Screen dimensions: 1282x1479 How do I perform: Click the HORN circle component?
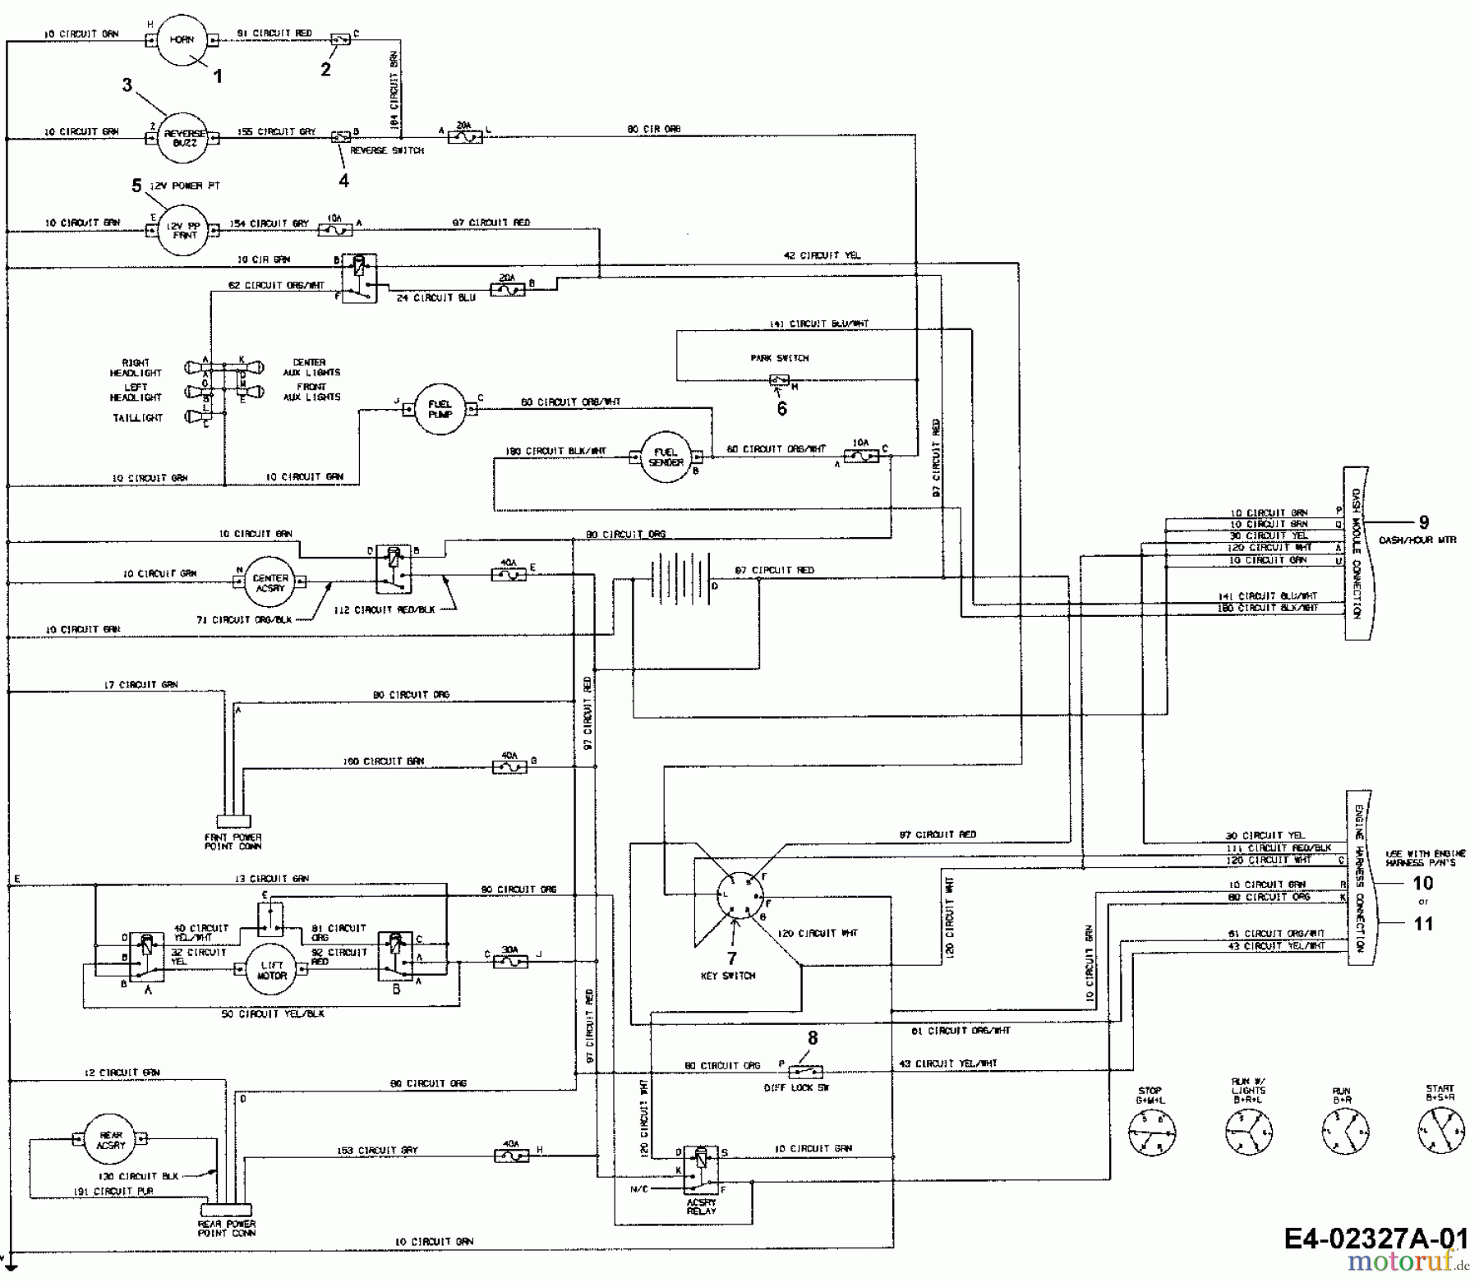point(181,39)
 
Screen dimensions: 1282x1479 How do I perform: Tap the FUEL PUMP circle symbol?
point(440,408)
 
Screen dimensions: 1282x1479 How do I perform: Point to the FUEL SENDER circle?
point(666,457)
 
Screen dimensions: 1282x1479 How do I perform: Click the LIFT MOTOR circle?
point(271,970)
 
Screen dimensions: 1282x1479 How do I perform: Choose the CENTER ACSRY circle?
point(270,582)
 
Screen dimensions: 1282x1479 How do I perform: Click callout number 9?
point(1424,522)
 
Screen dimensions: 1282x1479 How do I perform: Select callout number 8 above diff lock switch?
point(813,1038)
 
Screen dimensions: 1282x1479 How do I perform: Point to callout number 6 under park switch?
point(781,408)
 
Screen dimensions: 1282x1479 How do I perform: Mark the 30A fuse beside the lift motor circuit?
point(509,960)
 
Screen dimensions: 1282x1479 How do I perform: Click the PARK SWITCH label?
point(779,358)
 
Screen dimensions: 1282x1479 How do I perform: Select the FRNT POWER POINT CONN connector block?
point(233,820)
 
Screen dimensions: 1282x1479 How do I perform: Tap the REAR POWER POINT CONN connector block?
point(227,1210)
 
